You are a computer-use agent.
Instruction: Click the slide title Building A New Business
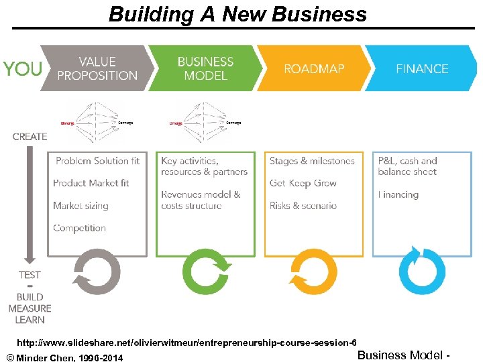pyautogui.click(x=237, y=14)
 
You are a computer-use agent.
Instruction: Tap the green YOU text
pyautogui.click(x=22, y=68)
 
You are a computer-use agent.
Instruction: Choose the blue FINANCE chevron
pyautogui.click(x=421, y=68)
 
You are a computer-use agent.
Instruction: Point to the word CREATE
pyautogui.click(x=30, y=137)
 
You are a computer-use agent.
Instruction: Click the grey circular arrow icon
pyautogui.click(x=97, y=271)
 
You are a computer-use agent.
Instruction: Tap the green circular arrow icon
pyautogui.click(x=205, y=271)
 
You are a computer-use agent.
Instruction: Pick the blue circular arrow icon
pyautogui.click(x=421, y=271)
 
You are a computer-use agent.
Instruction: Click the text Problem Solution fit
pyautogui.click(x=97, y=161)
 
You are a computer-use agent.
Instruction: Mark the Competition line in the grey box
pyautogui.click(x=79, y=228)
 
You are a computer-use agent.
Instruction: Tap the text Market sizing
pyautogui.click(x=80, y=206)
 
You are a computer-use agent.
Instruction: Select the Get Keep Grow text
pyautogui.click(x=303, y=183)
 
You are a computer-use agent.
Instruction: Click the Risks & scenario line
pyautogui.click(x=303, y=206)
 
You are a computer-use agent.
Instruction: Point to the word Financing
pyautogui.click(x=398, y=194)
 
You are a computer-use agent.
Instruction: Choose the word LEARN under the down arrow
pyautogui.click(x=30, y=319)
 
